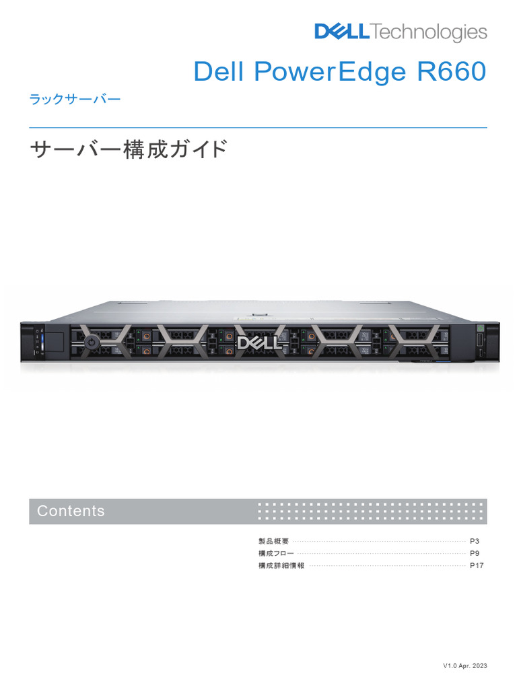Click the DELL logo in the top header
[342, 32]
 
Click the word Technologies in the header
[428, 32]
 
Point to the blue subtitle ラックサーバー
[75, 100]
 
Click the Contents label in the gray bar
[71, 511]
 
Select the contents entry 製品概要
[273, 541]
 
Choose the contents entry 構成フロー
[276, 553]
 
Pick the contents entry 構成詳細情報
[281, 566]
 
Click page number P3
[474, 541]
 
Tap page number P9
[474, 553]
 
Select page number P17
[477, 566]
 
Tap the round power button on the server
[92, 342]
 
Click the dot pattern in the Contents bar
[372, 511]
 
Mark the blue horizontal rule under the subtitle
[258, 127]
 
